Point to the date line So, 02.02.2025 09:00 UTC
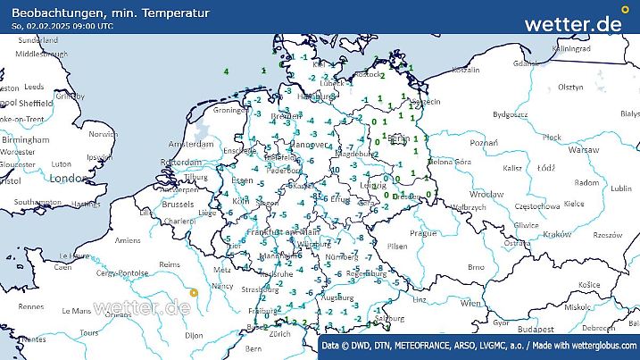tap(62, 26)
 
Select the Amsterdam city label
tap(183, 144)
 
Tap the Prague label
tap(423, 232)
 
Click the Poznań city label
tap(483, 142)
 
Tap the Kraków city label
tap(556, 234)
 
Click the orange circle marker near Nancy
tap(195, 291)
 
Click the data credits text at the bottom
tap(478, 345)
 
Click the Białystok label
tap(629, 114)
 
